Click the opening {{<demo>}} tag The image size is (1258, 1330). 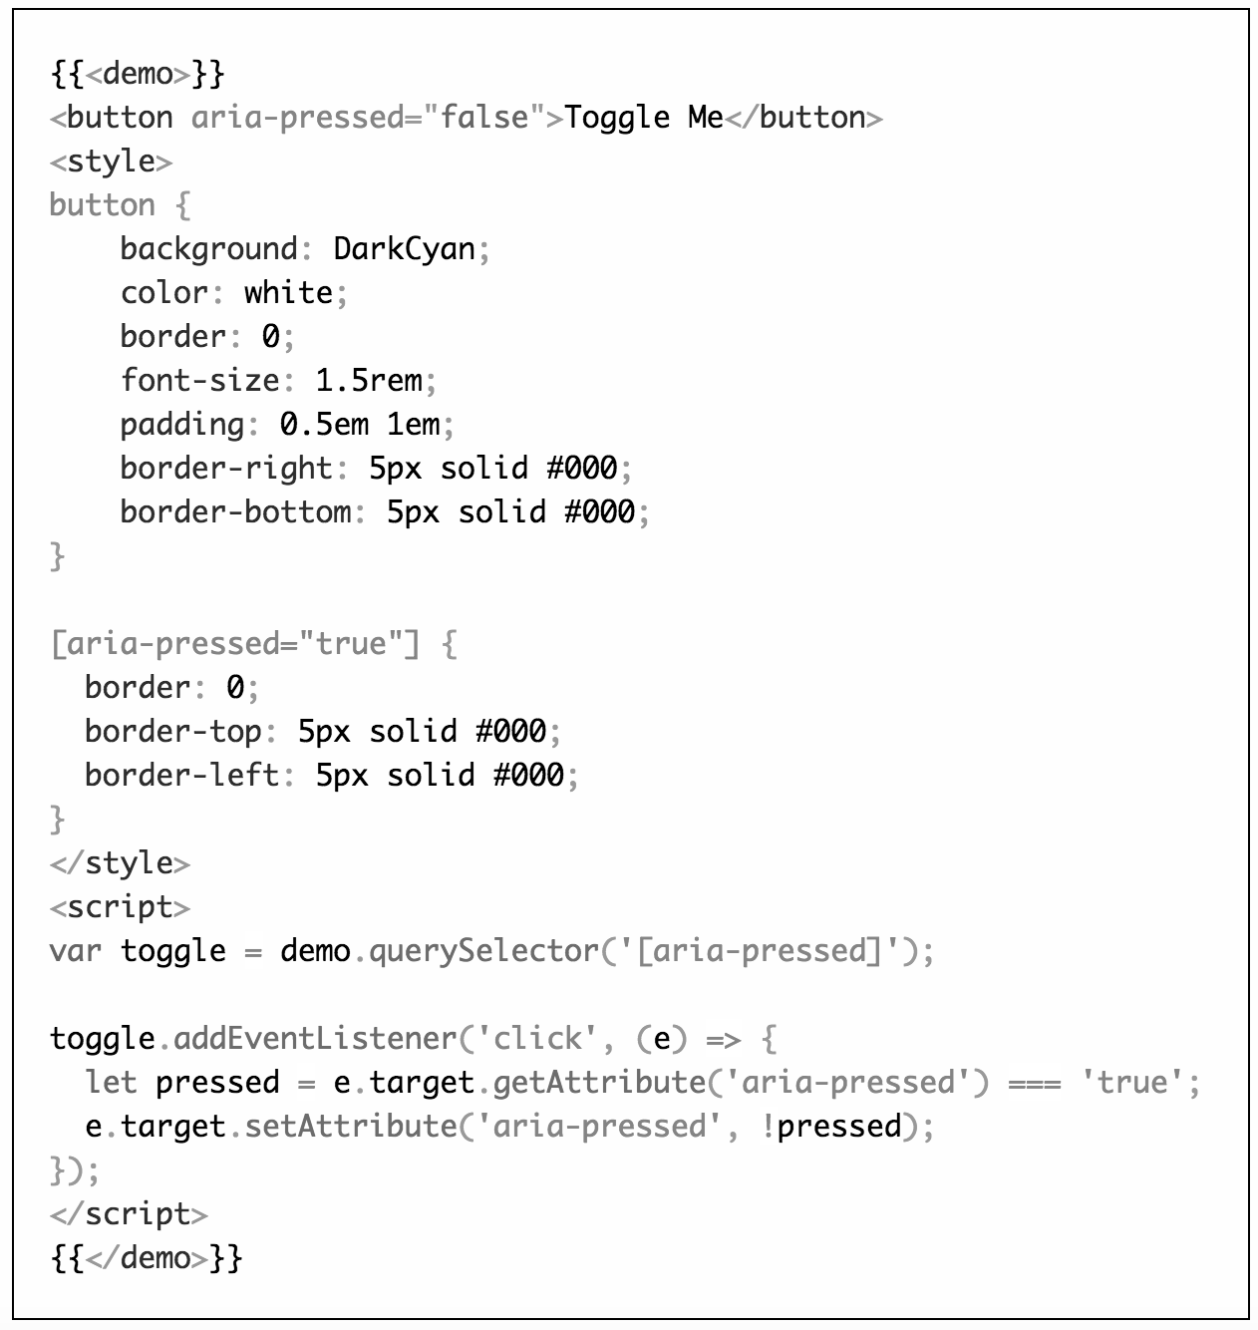(138, 74)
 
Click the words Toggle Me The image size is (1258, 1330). (644, 118)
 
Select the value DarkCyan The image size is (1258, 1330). (404, 248)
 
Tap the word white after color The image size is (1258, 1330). (288, 292)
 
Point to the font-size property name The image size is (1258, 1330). (200, 380)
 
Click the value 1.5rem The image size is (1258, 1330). (369, 380)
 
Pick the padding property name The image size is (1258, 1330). (182, 424)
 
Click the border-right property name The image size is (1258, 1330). (226, 468)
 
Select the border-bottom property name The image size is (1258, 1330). (235, 511)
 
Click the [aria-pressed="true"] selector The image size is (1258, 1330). (235, 643)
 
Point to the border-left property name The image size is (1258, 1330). (182, 775)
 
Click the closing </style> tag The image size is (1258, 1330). (120, 862)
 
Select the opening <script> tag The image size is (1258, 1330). (120, 906)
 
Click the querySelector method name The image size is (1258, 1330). (483, 950)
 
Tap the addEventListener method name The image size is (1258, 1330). (315, 1038)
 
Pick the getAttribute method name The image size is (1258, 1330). (599, 1082)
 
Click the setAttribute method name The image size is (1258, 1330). (351, 1126)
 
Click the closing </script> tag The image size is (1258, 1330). (129, 1213)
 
